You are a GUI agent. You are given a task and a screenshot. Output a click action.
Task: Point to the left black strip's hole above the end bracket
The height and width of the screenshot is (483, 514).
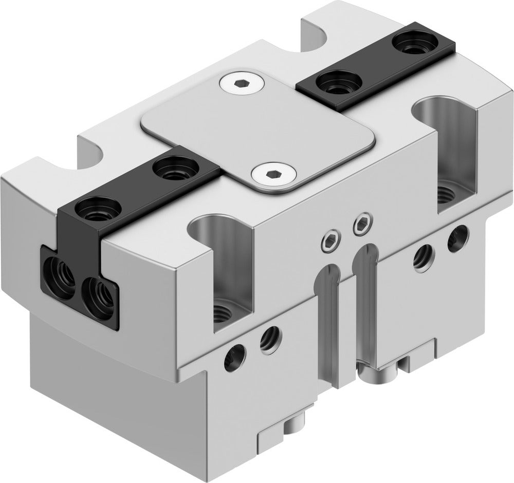(98, 208)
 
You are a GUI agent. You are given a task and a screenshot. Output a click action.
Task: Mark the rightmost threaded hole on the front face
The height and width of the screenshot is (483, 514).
(457, 238)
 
